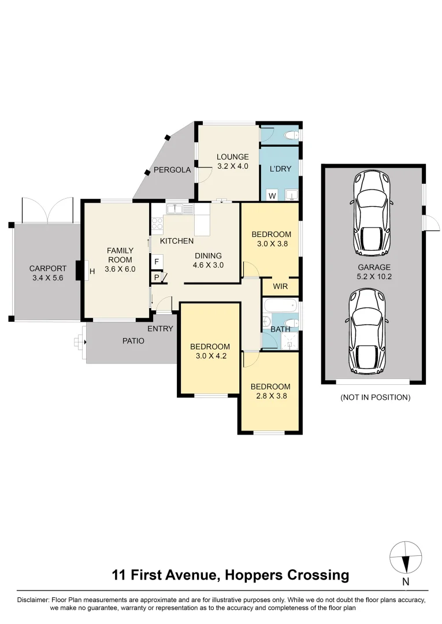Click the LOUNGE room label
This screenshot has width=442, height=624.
[x=232, y=157]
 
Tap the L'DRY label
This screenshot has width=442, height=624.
[x=280, y=169]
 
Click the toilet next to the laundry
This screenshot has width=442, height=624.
[x=292, y=135]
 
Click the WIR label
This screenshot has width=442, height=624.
[x=280, y=287]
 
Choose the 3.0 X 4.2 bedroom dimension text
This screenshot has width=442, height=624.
[x=210, y=356]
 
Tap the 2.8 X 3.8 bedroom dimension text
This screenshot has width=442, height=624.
[x=270, y=396]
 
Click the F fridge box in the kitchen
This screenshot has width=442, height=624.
[x=157, y=262]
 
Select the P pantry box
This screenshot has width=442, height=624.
[x=156, y=277]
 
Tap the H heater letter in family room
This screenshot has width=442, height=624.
[x=92, y=270]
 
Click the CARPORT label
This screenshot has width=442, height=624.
[x=47, y=269]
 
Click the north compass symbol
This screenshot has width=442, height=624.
[x=406, y=559]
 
